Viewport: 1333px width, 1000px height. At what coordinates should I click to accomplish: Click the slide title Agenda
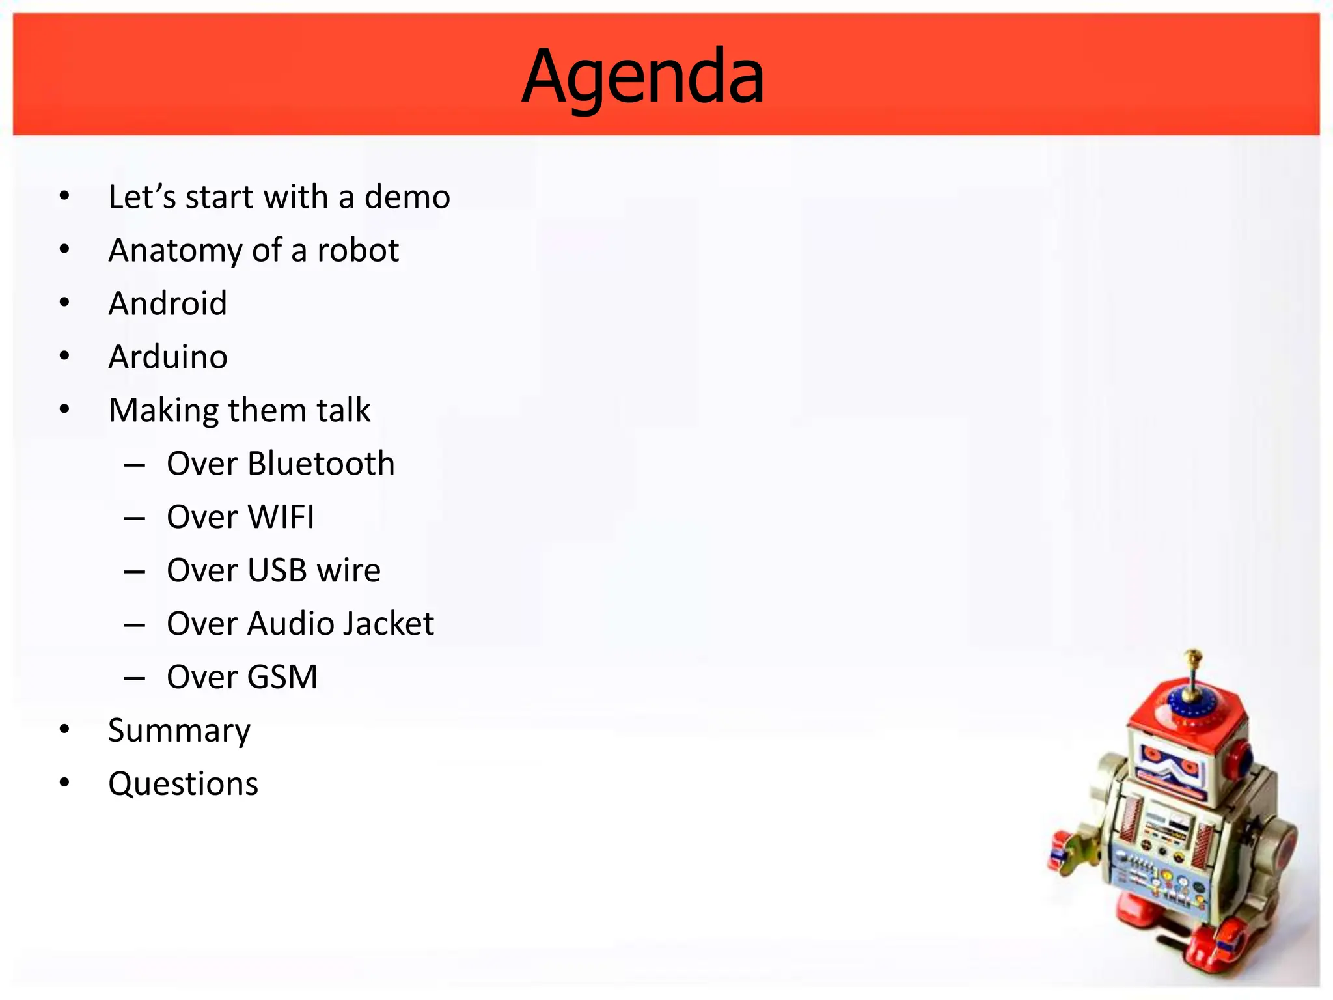point(643,77)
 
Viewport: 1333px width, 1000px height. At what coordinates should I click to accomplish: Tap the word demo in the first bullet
point(407,197)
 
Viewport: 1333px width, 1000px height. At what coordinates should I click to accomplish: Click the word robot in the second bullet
point(357,250)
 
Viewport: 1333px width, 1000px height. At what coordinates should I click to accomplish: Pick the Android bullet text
point(168,303)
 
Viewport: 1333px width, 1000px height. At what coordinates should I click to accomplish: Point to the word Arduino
point(168,357)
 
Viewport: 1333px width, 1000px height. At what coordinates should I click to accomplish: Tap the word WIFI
point(281,517)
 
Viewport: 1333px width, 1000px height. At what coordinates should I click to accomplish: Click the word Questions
point(183,784)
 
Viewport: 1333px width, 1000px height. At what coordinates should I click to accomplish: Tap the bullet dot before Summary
point(64,729)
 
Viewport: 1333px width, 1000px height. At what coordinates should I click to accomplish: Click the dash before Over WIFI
point(135,518)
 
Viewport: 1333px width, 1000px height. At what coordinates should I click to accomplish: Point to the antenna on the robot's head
point(1192,671)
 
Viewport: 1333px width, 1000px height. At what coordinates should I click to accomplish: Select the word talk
point(343,410)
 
